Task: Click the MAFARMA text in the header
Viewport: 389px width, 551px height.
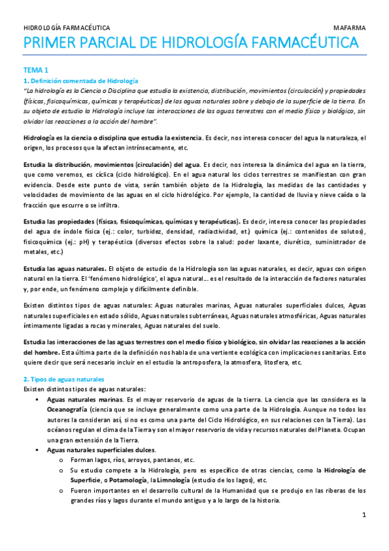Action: pos(350,29)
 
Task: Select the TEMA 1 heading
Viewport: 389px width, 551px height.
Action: pos(36,70)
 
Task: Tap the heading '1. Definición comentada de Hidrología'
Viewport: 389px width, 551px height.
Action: pos(81,80)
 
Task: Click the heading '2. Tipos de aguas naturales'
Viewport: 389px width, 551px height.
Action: pos(64,378)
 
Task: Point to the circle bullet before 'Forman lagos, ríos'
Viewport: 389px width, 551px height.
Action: pos(61,459)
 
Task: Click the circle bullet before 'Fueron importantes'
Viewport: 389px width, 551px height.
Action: pos(61,491)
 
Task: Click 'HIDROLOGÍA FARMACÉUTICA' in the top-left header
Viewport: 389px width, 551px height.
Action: pos(67,29)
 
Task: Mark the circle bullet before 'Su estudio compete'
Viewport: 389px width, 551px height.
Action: pos(61,470)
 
